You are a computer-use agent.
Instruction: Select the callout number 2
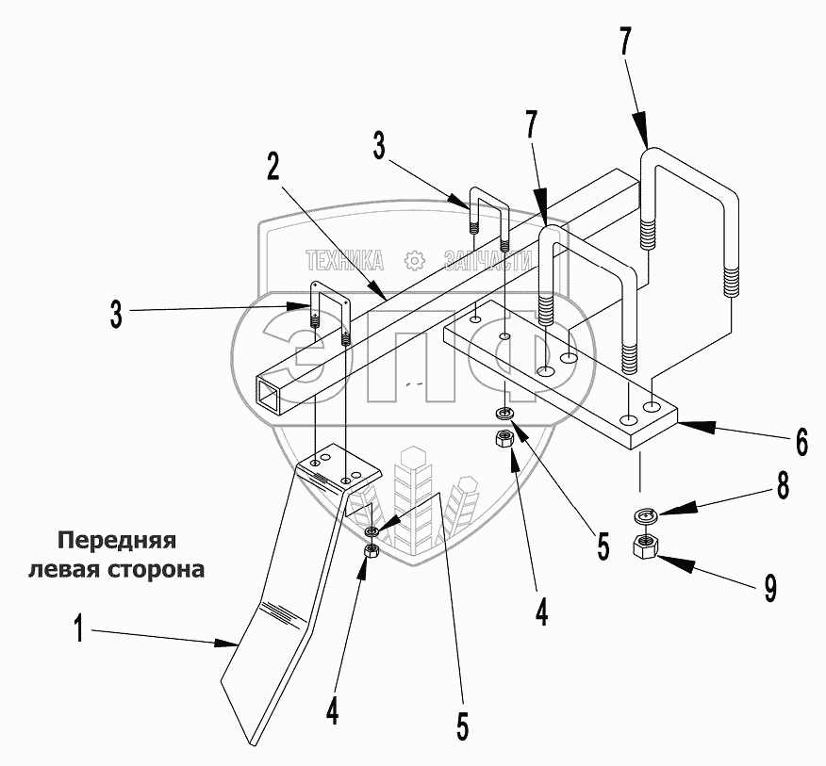tap(272, 166)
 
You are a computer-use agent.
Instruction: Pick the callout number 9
tap(770, 589)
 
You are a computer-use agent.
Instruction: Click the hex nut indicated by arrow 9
tap(646, 546)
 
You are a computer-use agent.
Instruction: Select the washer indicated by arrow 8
tap(645, 515)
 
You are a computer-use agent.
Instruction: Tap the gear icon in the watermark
tap(411, 261)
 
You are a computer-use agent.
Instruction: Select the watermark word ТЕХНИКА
tap(343, 261)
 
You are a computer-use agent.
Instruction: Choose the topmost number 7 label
tap(626, 43)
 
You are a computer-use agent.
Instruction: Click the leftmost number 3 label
tap(115, 314)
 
